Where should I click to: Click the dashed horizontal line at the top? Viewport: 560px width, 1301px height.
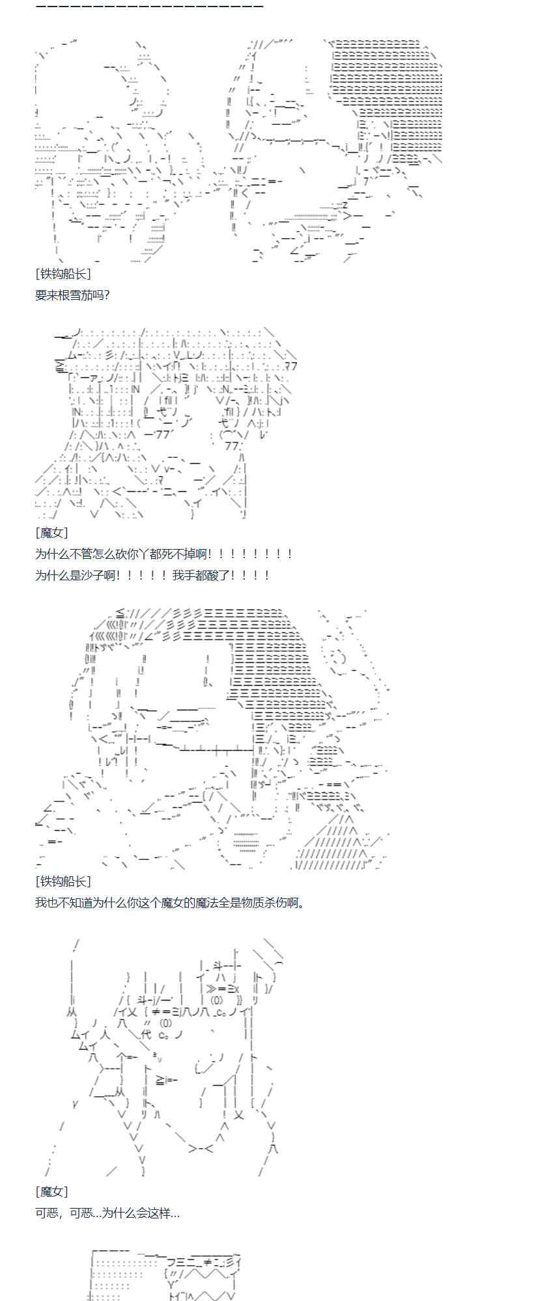click(149, 7)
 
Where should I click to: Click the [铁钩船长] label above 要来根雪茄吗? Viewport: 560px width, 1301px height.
click(63, 275)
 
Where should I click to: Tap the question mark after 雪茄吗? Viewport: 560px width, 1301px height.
click(106, 295)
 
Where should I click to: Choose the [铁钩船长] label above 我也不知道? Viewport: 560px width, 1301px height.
click(63, 881)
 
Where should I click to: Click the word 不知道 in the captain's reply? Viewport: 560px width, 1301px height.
click(81, 902)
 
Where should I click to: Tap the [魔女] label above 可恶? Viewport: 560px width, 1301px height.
click(51, 1192)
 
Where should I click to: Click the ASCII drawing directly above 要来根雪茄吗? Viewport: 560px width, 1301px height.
click(238, 150)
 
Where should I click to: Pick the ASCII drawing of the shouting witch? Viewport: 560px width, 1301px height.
click(163, 423)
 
